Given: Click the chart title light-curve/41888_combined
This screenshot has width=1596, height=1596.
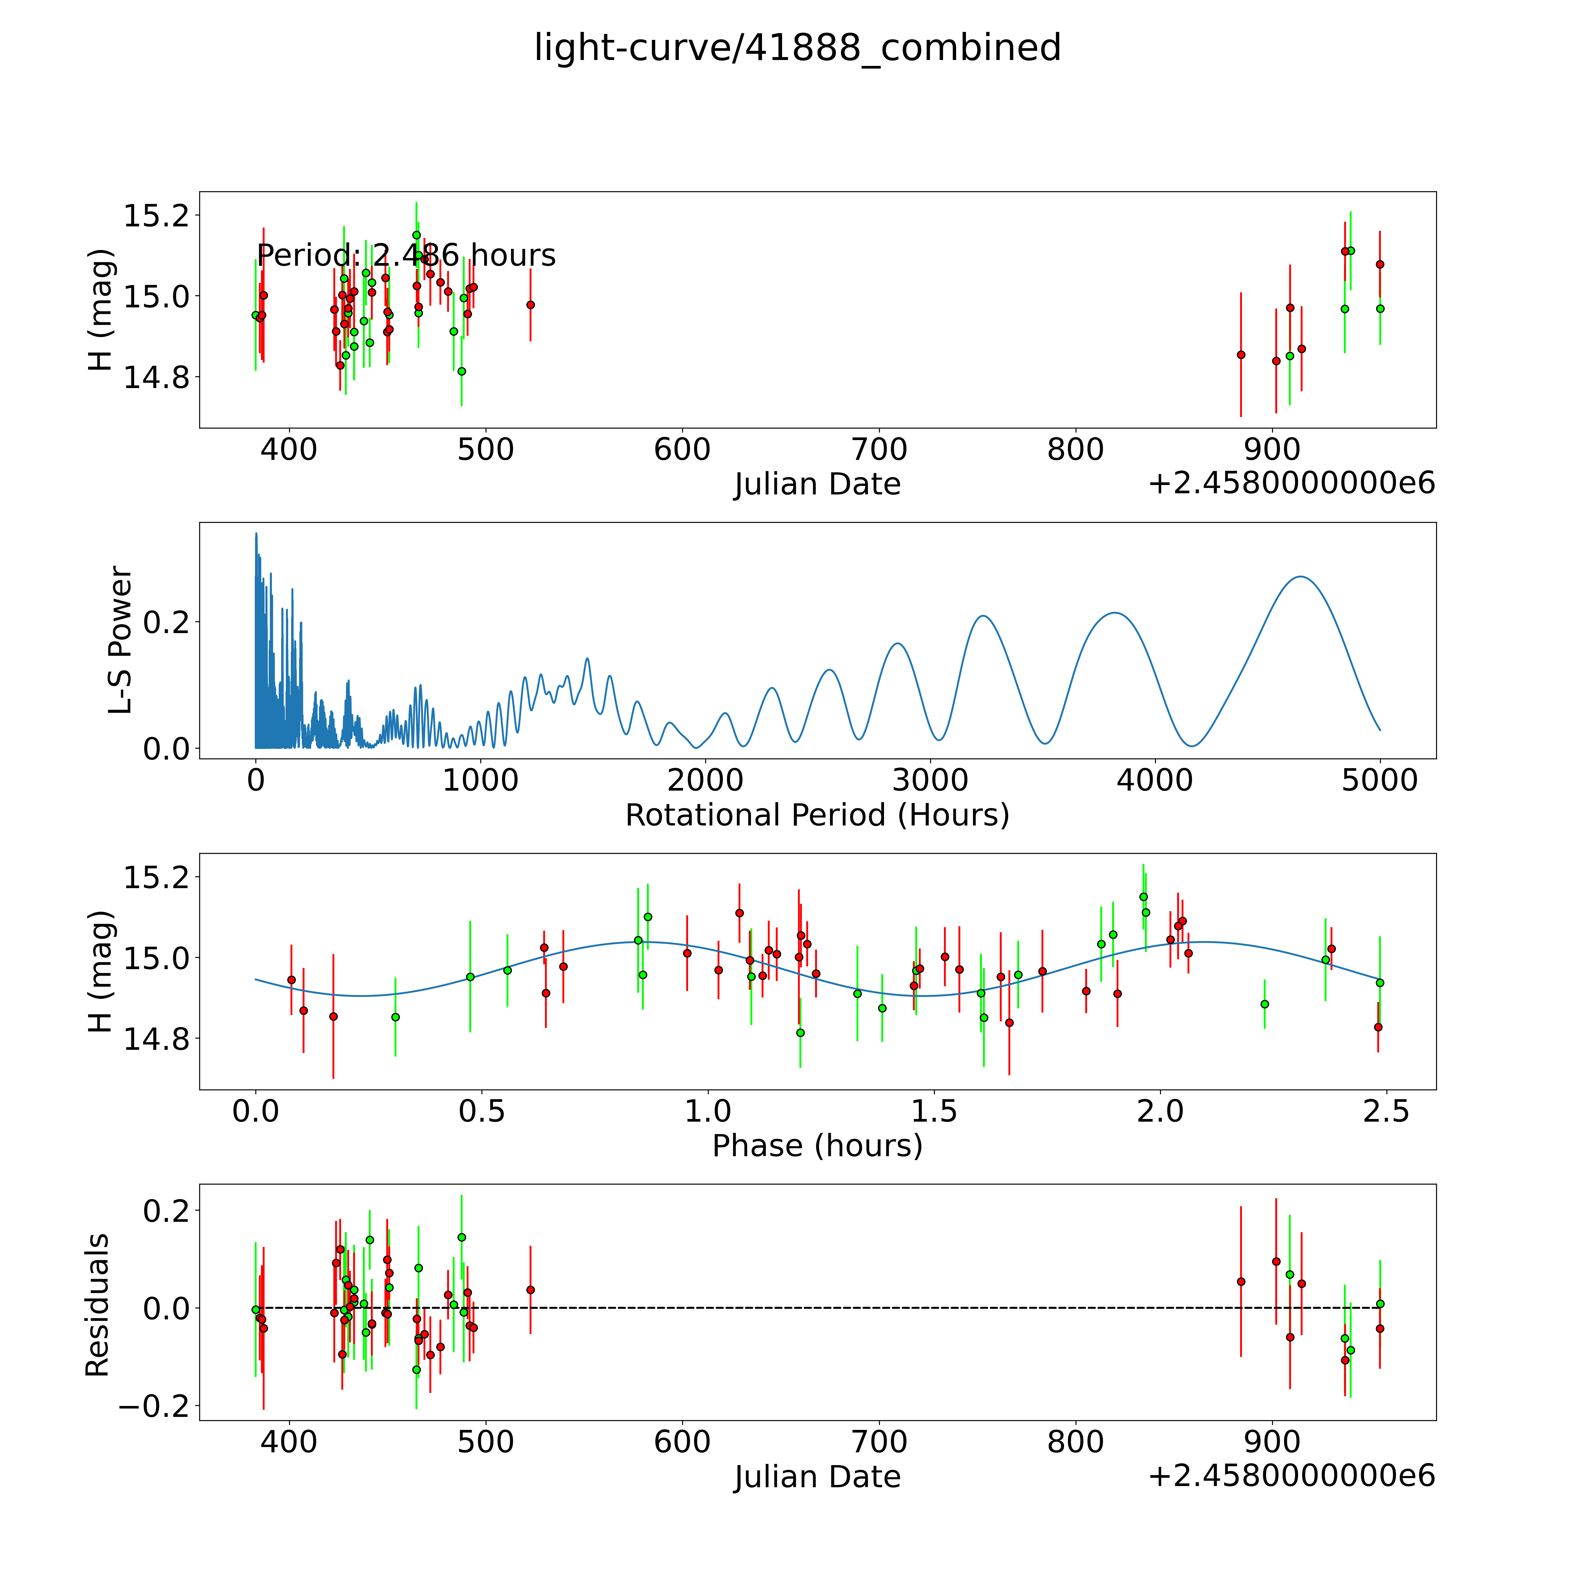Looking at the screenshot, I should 797,48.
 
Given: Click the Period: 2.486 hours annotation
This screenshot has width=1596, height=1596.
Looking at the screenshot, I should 406,255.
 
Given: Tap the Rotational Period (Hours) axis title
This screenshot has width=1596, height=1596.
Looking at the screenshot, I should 817,815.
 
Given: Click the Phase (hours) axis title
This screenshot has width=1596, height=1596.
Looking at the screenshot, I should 817,1146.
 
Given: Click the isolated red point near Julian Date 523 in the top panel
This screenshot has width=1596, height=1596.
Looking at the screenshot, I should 530,305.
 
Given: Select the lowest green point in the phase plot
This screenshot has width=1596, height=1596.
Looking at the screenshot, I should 800,1033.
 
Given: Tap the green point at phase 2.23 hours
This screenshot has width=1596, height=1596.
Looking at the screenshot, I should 1264,1004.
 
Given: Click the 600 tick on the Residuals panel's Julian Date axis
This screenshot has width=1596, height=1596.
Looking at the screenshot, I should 682,1441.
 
